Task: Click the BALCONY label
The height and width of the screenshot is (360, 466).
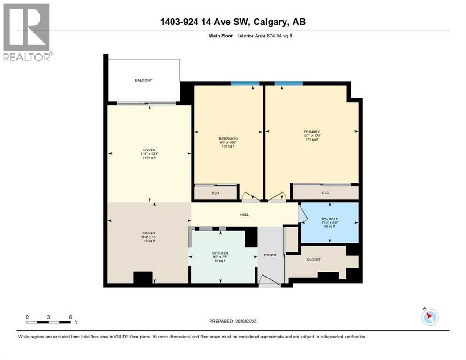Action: point(143,80)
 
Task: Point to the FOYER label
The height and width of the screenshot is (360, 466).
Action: point(270,255)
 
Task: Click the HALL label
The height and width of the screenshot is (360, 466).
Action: point(244,215)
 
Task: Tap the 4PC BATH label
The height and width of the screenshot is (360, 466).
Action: point(329,219)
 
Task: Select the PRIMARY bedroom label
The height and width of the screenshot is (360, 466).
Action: point(311,132)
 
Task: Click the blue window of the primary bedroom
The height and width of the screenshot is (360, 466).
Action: point(288,83)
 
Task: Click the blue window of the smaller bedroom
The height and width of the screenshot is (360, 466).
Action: point(245,83)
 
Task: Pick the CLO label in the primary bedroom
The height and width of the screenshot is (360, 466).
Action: point(325,192)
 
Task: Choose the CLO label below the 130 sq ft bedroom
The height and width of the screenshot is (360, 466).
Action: point(216,192)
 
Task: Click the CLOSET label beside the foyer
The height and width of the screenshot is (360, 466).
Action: point(314,259)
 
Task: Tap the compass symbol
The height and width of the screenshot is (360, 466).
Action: point(429,317)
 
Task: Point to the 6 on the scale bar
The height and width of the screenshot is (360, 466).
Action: point(70,317)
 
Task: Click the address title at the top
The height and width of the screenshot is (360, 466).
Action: point(233,22)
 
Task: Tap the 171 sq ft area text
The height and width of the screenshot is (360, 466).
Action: point(311,139)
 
